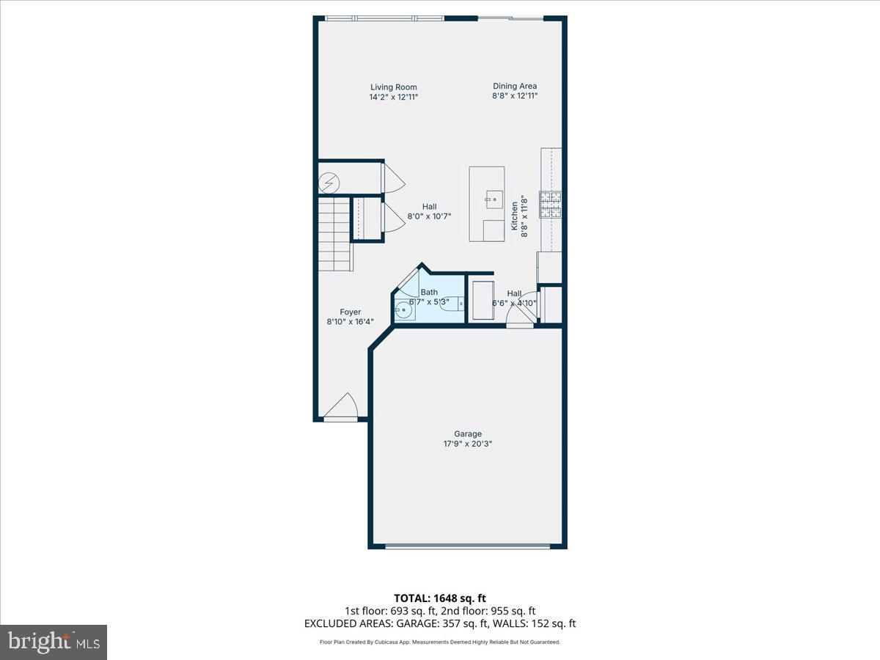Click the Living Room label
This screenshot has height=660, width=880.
393,87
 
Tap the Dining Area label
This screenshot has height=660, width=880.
515,86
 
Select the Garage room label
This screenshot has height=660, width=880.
467,433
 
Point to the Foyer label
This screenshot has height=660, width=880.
350,312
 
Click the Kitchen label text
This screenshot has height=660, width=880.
515,217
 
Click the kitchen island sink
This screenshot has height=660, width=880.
494,199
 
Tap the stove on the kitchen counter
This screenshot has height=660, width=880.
551,205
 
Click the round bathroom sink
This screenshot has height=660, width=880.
403,310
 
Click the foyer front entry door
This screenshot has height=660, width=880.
341,407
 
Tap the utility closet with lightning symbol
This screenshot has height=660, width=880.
328,179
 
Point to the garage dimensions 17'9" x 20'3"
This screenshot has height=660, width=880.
467,444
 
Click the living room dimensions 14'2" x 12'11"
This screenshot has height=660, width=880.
393,97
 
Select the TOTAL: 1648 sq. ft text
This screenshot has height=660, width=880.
439,598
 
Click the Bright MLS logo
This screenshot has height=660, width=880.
54,642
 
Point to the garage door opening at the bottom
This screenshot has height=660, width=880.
467,546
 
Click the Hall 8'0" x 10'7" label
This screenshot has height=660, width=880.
429,211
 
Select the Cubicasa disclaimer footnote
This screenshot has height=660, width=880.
439,642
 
